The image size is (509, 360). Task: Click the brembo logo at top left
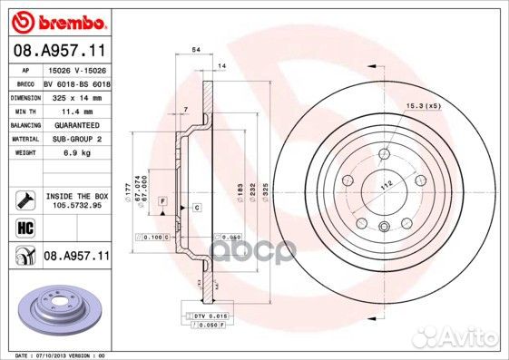pos(56,19)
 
